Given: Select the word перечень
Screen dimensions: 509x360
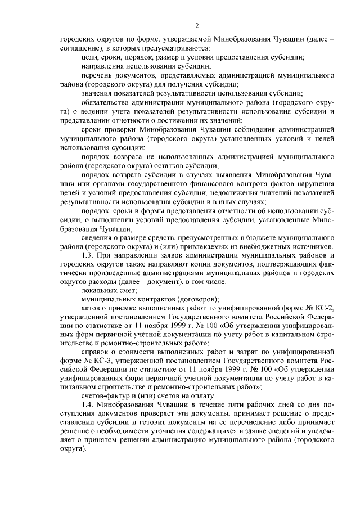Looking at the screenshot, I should [96, 75].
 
